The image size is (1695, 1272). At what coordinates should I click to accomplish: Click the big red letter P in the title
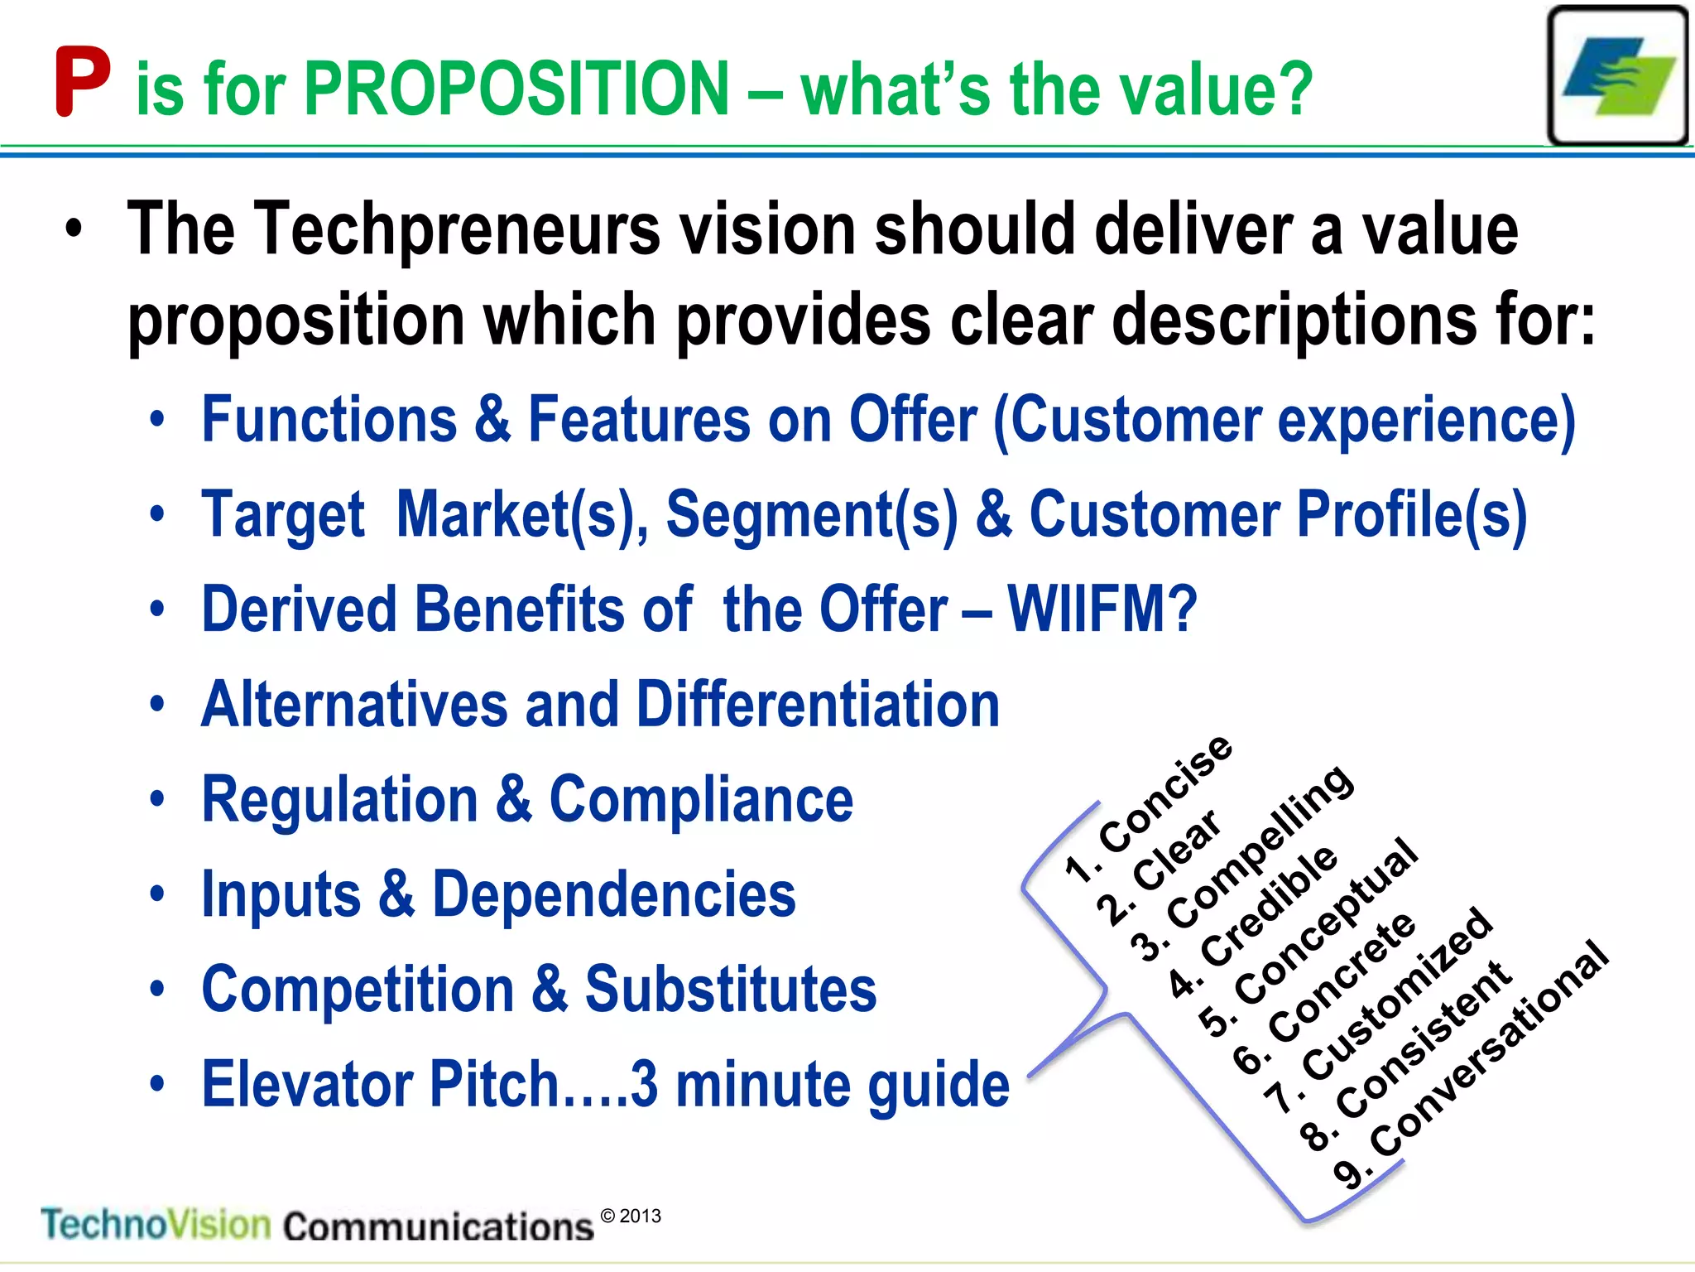pyautogui.click(x=82, y=82)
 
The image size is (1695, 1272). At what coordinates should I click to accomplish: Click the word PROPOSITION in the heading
pyautogui.click(x=516, y=89)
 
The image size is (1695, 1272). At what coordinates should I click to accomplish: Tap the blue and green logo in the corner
pyautogui.click(x=1618, y=76)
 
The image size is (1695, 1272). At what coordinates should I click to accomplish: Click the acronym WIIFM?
pyautogui.click(x=1102, y=609)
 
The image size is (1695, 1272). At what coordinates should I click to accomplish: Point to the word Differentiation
pyautogui.click(x=817, y=705)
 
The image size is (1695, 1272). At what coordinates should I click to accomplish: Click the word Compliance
pyautogui.click(x=701, y=800)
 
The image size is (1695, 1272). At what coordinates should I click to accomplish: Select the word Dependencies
pyautogui.click(x=613, y=895)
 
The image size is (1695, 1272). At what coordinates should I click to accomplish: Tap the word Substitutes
pyautogui.click(x=730, y=990)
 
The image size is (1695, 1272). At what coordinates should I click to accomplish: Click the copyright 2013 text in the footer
pyautogui.click(x=631, y=1216)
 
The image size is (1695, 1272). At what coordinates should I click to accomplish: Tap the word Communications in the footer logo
pyautogui.click(x=439, y=1226)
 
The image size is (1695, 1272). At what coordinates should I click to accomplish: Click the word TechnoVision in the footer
pyautogui.click(x=156, y=1224)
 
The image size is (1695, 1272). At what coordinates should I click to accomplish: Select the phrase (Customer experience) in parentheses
pyautogui.click(x=1284, y=421)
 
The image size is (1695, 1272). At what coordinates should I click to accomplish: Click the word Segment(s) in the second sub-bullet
pyautogui.click(x=812, y=515)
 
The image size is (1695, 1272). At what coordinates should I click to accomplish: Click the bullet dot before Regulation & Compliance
pyautogui.click(x=157, y=800)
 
